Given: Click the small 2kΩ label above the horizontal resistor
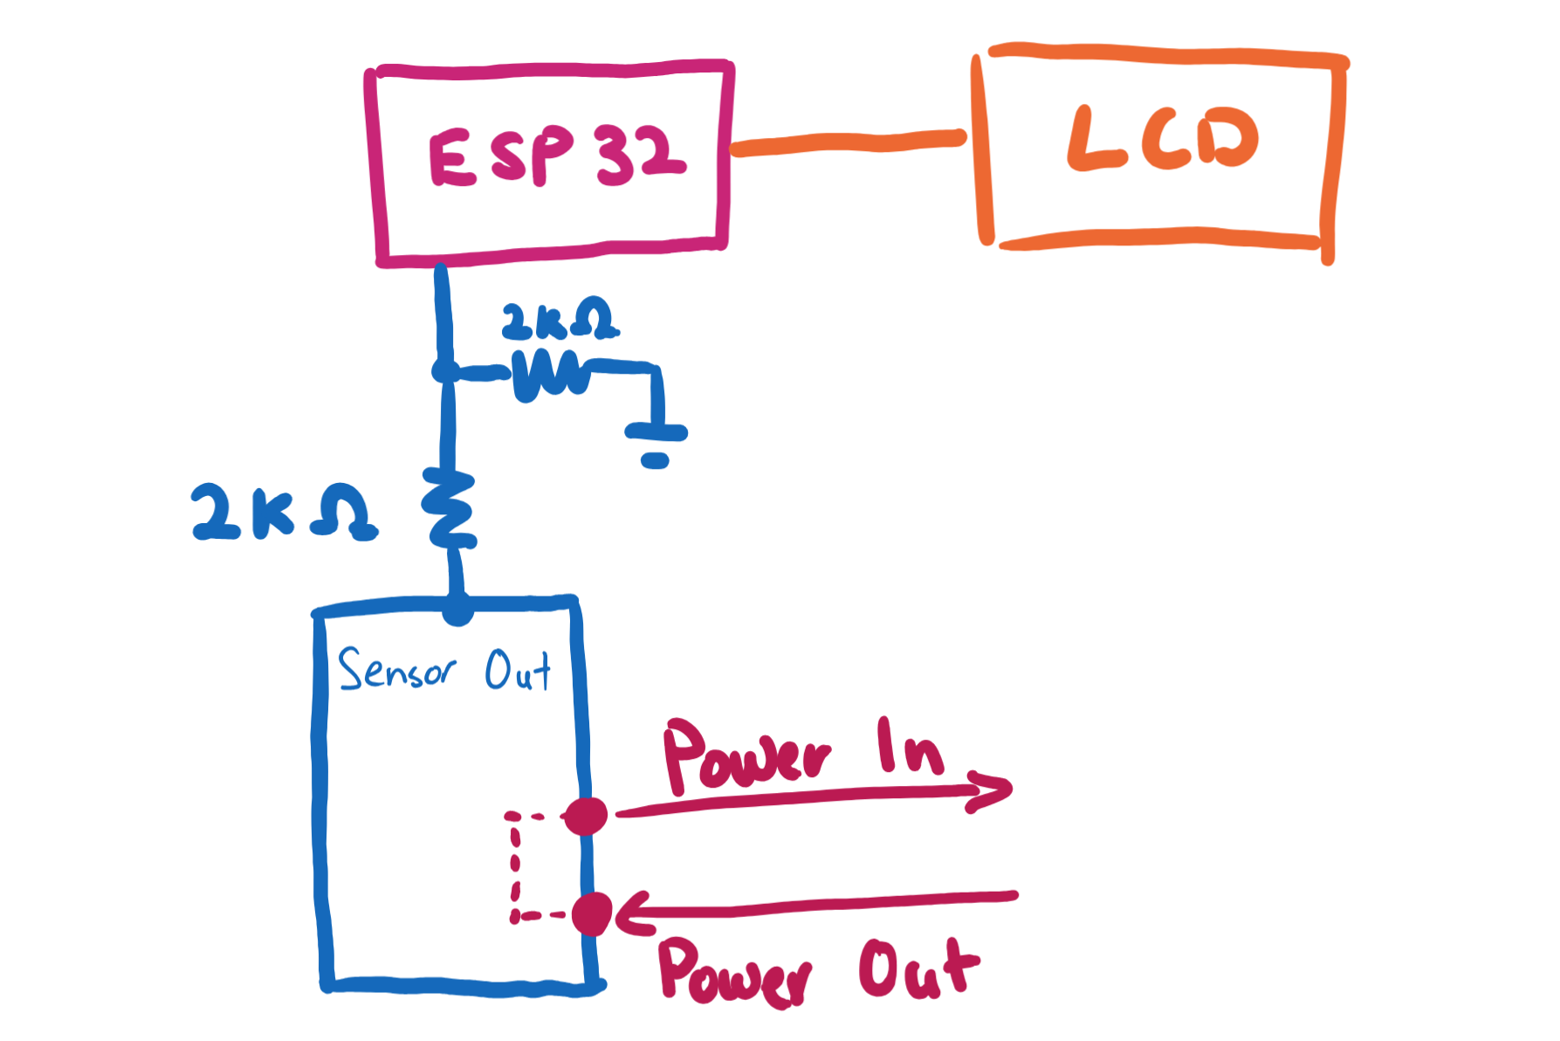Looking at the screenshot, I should tap(559, 321).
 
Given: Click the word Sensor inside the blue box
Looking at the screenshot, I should tap(396, 670).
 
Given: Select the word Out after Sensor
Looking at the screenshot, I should tap(518, 671).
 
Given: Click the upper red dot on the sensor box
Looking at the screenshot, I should tap(586, 816).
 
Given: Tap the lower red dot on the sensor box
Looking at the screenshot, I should tap(592, 914).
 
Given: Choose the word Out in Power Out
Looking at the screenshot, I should tap(918, 969).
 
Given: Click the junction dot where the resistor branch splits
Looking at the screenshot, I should tap(444, 371).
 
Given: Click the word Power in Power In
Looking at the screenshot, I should tap(746, 756).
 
